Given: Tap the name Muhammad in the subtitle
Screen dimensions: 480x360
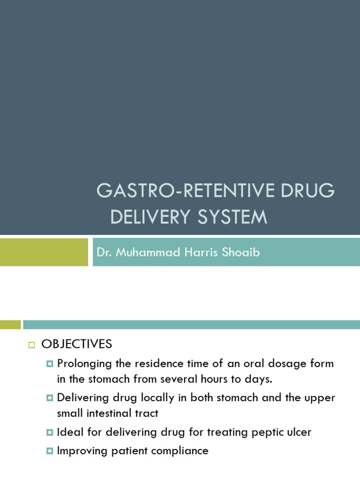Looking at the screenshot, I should pyautogui.click(x=145, y=252).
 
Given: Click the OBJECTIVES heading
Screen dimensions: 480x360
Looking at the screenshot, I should pyautogui.click(x=77, y=344).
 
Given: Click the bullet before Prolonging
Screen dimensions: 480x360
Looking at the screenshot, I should pyautogui.click(x=50, y=364).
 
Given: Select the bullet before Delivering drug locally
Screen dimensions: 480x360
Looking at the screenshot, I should pyautogui.click(x=50, y=398).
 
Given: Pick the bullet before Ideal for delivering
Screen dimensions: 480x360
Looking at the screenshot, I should pyautogui.click(x=50, y=432).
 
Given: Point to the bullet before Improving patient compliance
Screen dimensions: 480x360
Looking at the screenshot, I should pyautogui.click(x=50, y=451).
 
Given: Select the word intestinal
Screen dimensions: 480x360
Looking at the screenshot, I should pyautogui.click(x=114, y=413).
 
